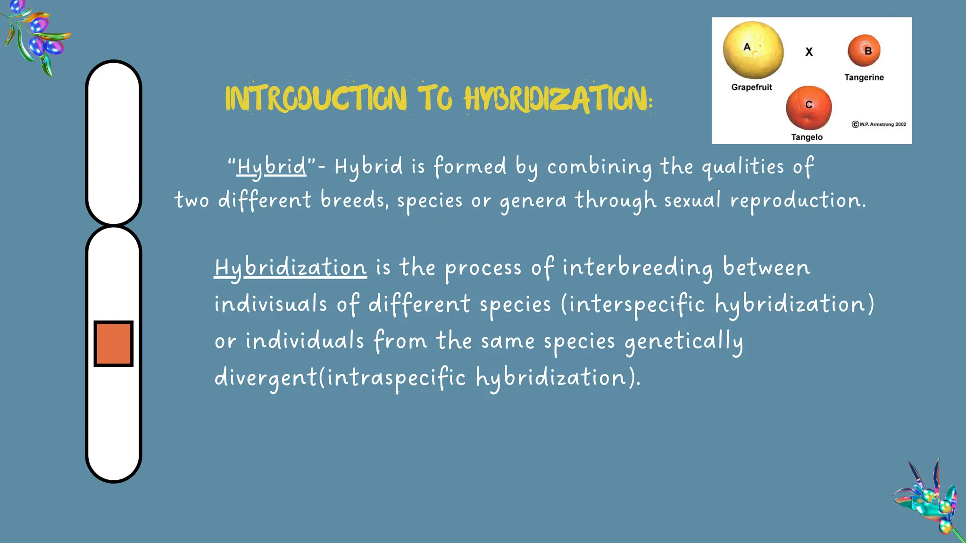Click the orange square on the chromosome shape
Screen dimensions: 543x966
coord(113,343)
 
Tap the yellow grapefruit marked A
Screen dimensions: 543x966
coord(753,50)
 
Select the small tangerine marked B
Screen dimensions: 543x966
coord(864,50)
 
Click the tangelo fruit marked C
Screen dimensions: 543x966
coord(808,107)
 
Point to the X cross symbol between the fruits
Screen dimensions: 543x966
coord(809,52)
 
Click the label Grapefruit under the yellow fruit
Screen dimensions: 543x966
coord(751,87)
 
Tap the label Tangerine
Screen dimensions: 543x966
coord(864,77)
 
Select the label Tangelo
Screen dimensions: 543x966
coord(807,137)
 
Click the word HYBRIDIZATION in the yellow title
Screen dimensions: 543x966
coord(557,99)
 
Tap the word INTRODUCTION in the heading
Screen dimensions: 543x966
coord(316,99)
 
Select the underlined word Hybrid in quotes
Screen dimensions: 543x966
coord(272,167)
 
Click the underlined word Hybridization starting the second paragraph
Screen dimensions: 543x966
coord(290,268)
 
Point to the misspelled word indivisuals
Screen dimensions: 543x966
coord(270,304)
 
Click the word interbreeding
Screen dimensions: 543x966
coord(638,268)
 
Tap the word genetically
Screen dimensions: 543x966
coord(684,341)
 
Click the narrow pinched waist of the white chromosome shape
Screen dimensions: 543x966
coord(113,225)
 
